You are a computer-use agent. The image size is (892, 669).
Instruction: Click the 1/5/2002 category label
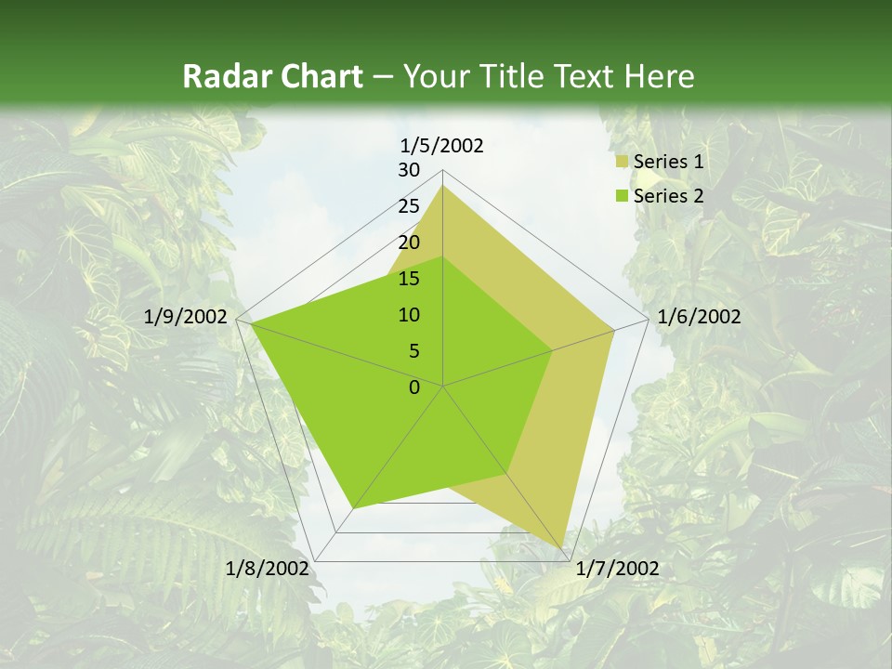coord(441,145)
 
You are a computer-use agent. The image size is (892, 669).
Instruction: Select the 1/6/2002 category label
coord(699,317)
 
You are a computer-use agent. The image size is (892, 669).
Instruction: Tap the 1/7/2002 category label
coord(617,569)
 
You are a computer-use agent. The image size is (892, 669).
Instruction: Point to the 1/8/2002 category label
coord(267,569)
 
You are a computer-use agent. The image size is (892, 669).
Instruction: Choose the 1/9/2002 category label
coord(186,317)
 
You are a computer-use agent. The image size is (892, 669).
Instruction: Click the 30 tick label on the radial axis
coord(409,170)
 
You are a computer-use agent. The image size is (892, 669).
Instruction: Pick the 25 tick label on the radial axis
coord(409,206)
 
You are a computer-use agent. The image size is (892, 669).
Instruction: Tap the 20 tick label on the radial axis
coord(409,243)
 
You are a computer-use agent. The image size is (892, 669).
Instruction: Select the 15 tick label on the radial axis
coord(409,279)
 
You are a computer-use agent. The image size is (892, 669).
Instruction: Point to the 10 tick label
coord(409,315)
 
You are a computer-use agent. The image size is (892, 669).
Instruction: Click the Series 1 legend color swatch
coord(622,163)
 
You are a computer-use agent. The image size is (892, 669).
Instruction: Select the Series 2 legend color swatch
coord(622,196)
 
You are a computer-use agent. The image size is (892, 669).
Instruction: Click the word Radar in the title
coord(227,76)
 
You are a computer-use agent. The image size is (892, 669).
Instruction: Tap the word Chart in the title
coord(320,76)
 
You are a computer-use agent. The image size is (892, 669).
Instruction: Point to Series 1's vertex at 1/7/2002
coord(562,548)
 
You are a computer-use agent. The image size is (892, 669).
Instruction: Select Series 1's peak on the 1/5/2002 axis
coord(443,185)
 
